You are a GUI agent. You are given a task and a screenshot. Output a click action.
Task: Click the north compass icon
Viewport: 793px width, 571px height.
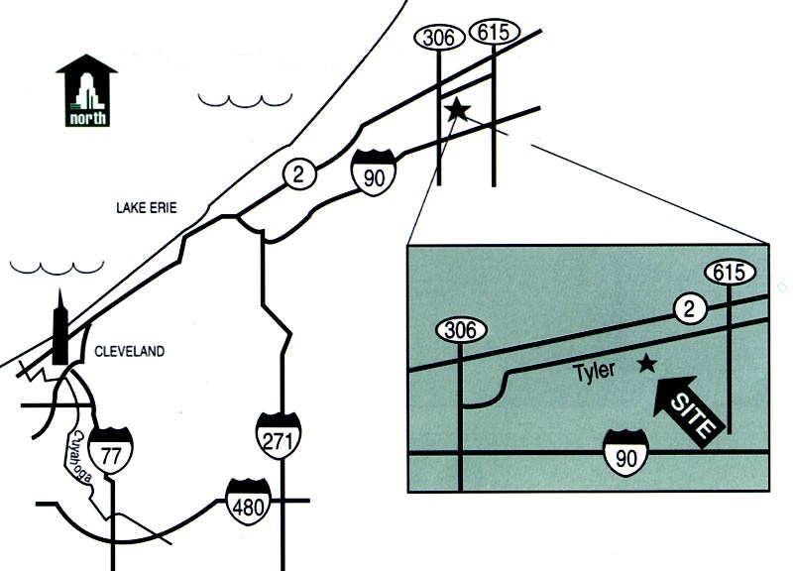(x=87, y=91)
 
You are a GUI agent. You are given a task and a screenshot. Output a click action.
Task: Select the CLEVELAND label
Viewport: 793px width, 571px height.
(x=128, y=352)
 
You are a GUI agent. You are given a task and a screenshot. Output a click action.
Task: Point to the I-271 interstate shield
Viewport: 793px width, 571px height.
(x=278, y=433)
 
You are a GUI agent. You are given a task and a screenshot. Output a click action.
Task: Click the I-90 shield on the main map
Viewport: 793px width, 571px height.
(x=374, y=170)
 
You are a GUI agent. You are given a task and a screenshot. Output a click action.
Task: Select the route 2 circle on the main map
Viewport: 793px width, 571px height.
(x=298, y=173)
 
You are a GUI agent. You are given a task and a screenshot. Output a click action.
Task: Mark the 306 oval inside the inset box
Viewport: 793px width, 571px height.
(x=461, y=330)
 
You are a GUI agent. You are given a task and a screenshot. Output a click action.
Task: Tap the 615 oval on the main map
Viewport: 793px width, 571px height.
(x=494, y=32)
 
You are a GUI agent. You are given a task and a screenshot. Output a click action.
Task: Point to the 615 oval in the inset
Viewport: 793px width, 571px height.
(x=730, y=272)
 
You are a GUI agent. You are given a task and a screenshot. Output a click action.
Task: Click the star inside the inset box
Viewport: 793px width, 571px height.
(x=647, y=364)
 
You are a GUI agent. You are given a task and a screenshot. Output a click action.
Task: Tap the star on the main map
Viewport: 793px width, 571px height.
(x=457, y=109)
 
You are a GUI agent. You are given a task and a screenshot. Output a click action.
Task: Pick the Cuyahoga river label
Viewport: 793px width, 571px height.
(x=81, y=458)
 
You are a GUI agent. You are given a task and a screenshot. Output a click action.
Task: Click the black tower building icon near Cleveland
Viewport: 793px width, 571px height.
(x=61, y=333)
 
